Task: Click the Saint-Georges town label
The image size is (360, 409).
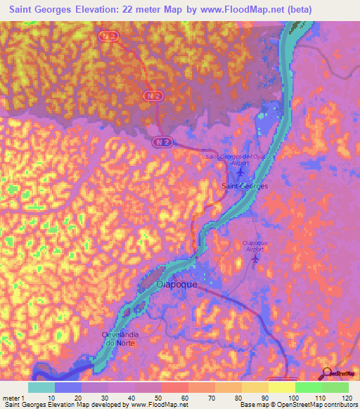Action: click(x=244, y=186)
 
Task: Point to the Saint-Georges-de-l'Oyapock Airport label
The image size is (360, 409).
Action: click(x=238, y=157)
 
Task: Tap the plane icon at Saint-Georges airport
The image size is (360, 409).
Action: click(x=241, y=170)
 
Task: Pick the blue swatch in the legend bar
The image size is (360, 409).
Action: click(x=67, y=387)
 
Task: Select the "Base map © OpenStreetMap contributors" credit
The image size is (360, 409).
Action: click(x=296, y=405)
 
